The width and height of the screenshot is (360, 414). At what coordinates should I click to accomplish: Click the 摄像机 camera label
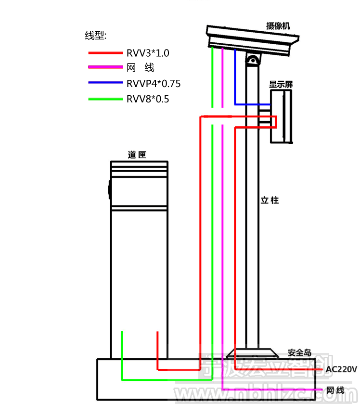[x=279, y=26]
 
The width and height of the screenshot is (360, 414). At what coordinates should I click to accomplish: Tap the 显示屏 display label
[x=281, y=84]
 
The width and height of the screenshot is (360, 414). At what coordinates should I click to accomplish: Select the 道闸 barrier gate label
[x=137, y=155]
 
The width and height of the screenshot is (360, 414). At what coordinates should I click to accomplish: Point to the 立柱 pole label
[x=270, y=200]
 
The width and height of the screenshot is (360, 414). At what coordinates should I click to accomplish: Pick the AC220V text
[x=341, y=369]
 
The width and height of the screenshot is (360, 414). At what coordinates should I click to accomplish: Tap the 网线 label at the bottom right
[x=335, y=390]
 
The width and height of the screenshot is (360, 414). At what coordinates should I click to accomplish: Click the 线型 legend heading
[x=95, y=35]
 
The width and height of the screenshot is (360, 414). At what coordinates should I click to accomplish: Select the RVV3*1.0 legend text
[x=148, y=53]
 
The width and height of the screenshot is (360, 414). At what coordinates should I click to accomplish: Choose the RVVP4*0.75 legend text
[x=154, y=84]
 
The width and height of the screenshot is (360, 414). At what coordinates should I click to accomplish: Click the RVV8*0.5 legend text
[x=148, y=99]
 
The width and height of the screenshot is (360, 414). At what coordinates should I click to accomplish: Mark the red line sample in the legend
[x=105, y=53]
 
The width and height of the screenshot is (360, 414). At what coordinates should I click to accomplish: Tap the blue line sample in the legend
[x=105, y=83]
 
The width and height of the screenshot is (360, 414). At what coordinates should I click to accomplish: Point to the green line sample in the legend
[x=105, y=99]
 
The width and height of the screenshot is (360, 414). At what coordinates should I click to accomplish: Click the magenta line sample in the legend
[x=105, y=68]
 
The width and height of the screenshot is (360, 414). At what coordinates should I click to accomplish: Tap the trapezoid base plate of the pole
[x=253, y=353]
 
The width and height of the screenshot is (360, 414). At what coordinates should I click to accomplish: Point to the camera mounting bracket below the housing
[x=253, y=60]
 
